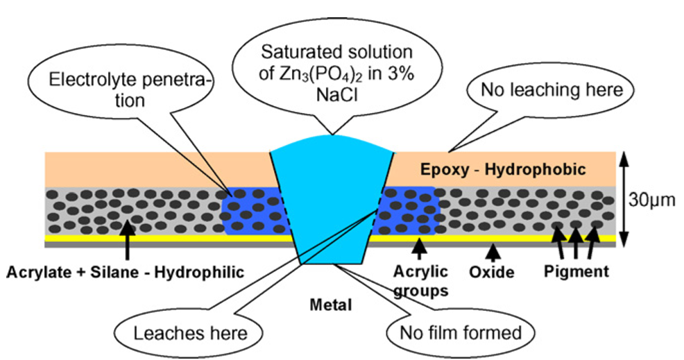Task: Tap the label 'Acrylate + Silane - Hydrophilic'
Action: pyautogui.click(x=125, y=272)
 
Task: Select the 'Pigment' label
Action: pyautogui.click(x=576, y=271)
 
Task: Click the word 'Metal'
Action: pyautogui.click(x=333, y=304)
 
